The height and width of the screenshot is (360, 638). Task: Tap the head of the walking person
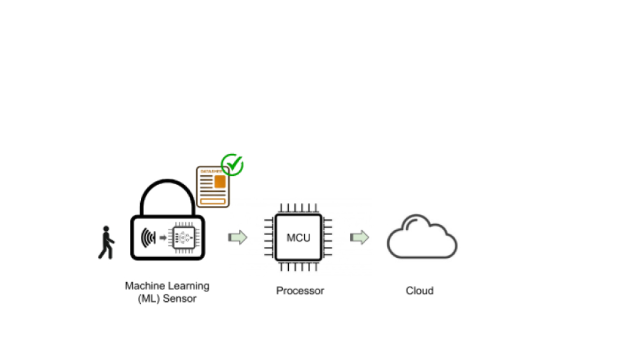tap(106, 229)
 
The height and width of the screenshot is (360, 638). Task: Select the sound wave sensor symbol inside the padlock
tap(148, 238)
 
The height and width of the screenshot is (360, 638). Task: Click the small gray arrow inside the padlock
tap(163, 238)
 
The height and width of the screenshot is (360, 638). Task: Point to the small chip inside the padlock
tap(184, 237)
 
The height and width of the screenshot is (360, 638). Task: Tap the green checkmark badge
tap(232, 164)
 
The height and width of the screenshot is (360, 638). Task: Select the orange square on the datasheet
tap(220, 181)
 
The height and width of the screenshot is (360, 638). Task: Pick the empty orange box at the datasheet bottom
tap(213, 201)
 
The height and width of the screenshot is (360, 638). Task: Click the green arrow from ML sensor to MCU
tap(238, 237)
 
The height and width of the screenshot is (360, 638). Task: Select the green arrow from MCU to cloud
tap(359, 237)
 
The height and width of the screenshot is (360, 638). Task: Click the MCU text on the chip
tap(299, 238)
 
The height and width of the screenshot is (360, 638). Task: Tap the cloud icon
tap(422, 237)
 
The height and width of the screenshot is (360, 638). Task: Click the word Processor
tap(300, 291)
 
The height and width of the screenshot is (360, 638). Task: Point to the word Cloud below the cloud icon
tap(420, 291)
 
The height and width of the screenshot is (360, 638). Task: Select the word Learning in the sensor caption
tap(188, 286)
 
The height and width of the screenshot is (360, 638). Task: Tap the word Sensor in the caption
tap(180, 299)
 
